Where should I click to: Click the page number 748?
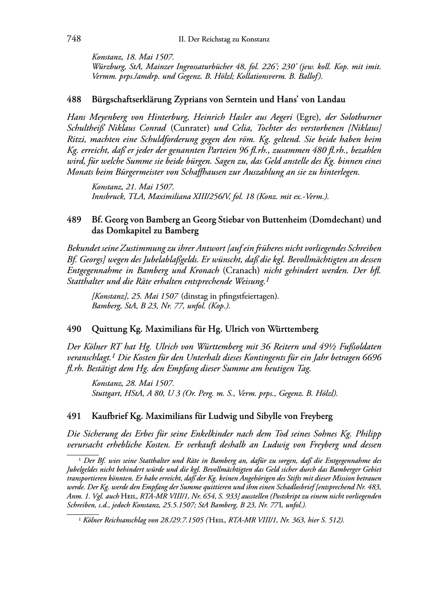click(x=74, y=39)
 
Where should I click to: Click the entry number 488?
click(x=74, y=100)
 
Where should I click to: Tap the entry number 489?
click(x=74, y=220)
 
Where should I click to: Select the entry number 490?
click(x=74, y=329)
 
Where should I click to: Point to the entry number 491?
click(x=74, y=416)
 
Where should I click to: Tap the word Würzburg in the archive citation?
click(x=106, y=66)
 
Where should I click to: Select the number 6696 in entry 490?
click(x=372, y=358)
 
